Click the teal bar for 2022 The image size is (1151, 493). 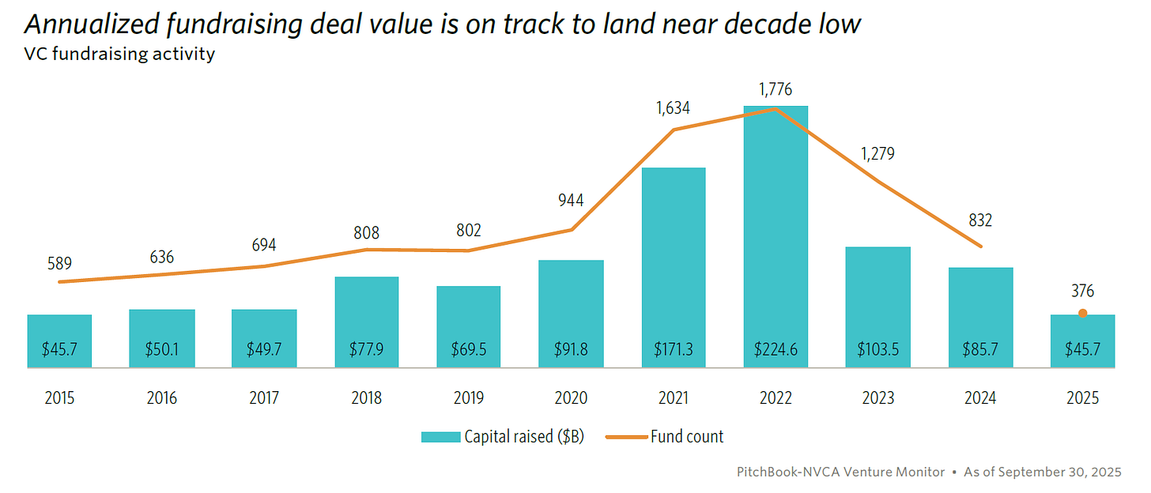tap(775, 237)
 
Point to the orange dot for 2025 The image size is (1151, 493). tap(1082, 314)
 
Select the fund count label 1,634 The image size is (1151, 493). tap(673, 107)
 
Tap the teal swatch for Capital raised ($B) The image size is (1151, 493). tap(440, 437)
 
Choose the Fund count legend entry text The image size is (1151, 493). tap(686, 437)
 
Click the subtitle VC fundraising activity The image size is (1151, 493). tap(119, 55)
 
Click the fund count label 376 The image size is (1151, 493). tap(1082, 292)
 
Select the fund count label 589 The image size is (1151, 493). tap(59, 262)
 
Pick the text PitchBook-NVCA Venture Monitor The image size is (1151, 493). tap(840, 472)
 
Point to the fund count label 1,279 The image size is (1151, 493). tap(877, 154)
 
